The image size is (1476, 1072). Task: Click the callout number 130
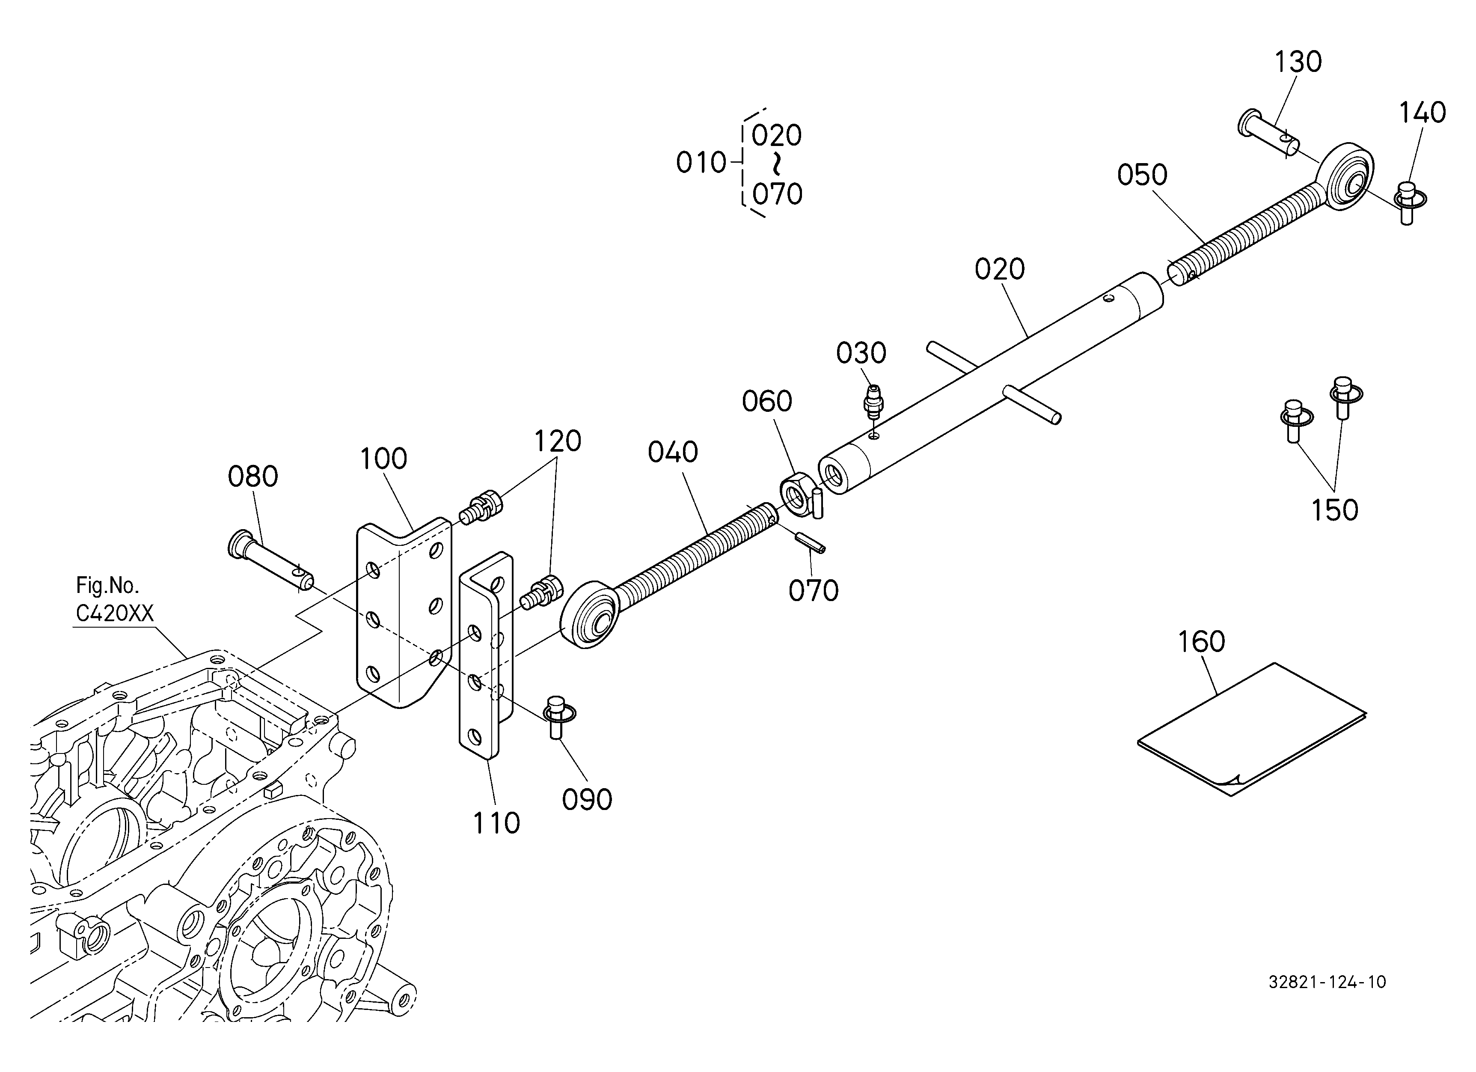coord(1298,62)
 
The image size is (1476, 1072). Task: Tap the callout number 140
coord(1423,113)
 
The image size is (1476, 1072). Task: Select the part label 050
coord(1142,175)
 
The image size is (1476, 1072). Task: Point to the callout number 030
coord(861,354)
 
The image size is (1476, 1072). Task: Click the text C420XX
coord(115,613)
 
